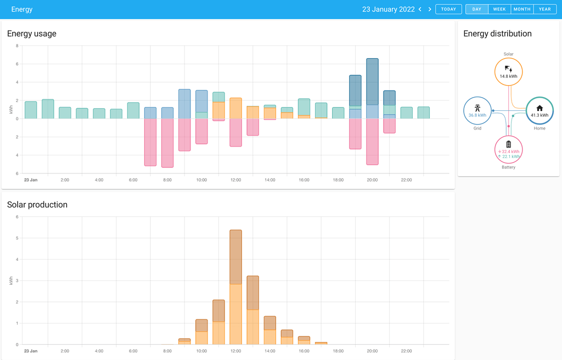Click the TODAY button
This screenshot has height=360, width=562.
click(448, 9)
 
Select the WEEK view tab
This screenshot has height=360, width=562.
click(499, 9)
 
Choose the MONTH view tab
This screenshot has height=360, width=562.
click(522, 9)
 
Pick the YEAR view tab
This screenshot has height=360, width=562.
click(544, 9)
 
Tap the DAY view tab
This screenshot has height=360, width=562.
click(476, 9)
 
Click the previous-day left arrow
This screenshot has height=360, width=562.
click(420, 9)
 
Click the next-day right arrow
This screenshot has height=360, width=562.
click(430, 9)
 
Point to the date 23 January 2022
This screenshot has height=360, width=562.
click(388, 9)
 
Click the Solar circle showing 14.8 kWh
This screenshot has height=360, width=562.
click(508, 72)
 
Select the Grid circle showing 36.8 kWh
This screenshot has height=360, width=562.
click(477, 111)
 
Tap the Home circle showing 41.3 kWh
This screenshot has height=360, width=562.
click(539, 111)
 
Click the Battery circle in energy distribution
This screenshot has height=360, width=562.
click(508, 149)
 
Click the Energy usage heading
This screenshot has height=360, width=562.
click(32, 33)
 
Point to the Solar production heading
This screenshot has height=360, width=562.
click(37, 205)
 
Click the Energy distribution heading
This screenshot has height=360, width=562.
click(497, 33)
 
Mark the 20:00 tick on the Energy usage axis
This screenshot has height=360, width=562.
click(372, 180)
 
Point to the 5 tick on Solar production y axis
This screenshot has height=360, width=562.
click(17, 238)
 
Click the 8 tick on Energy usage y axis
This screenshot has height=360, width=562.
click(17, 46)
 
